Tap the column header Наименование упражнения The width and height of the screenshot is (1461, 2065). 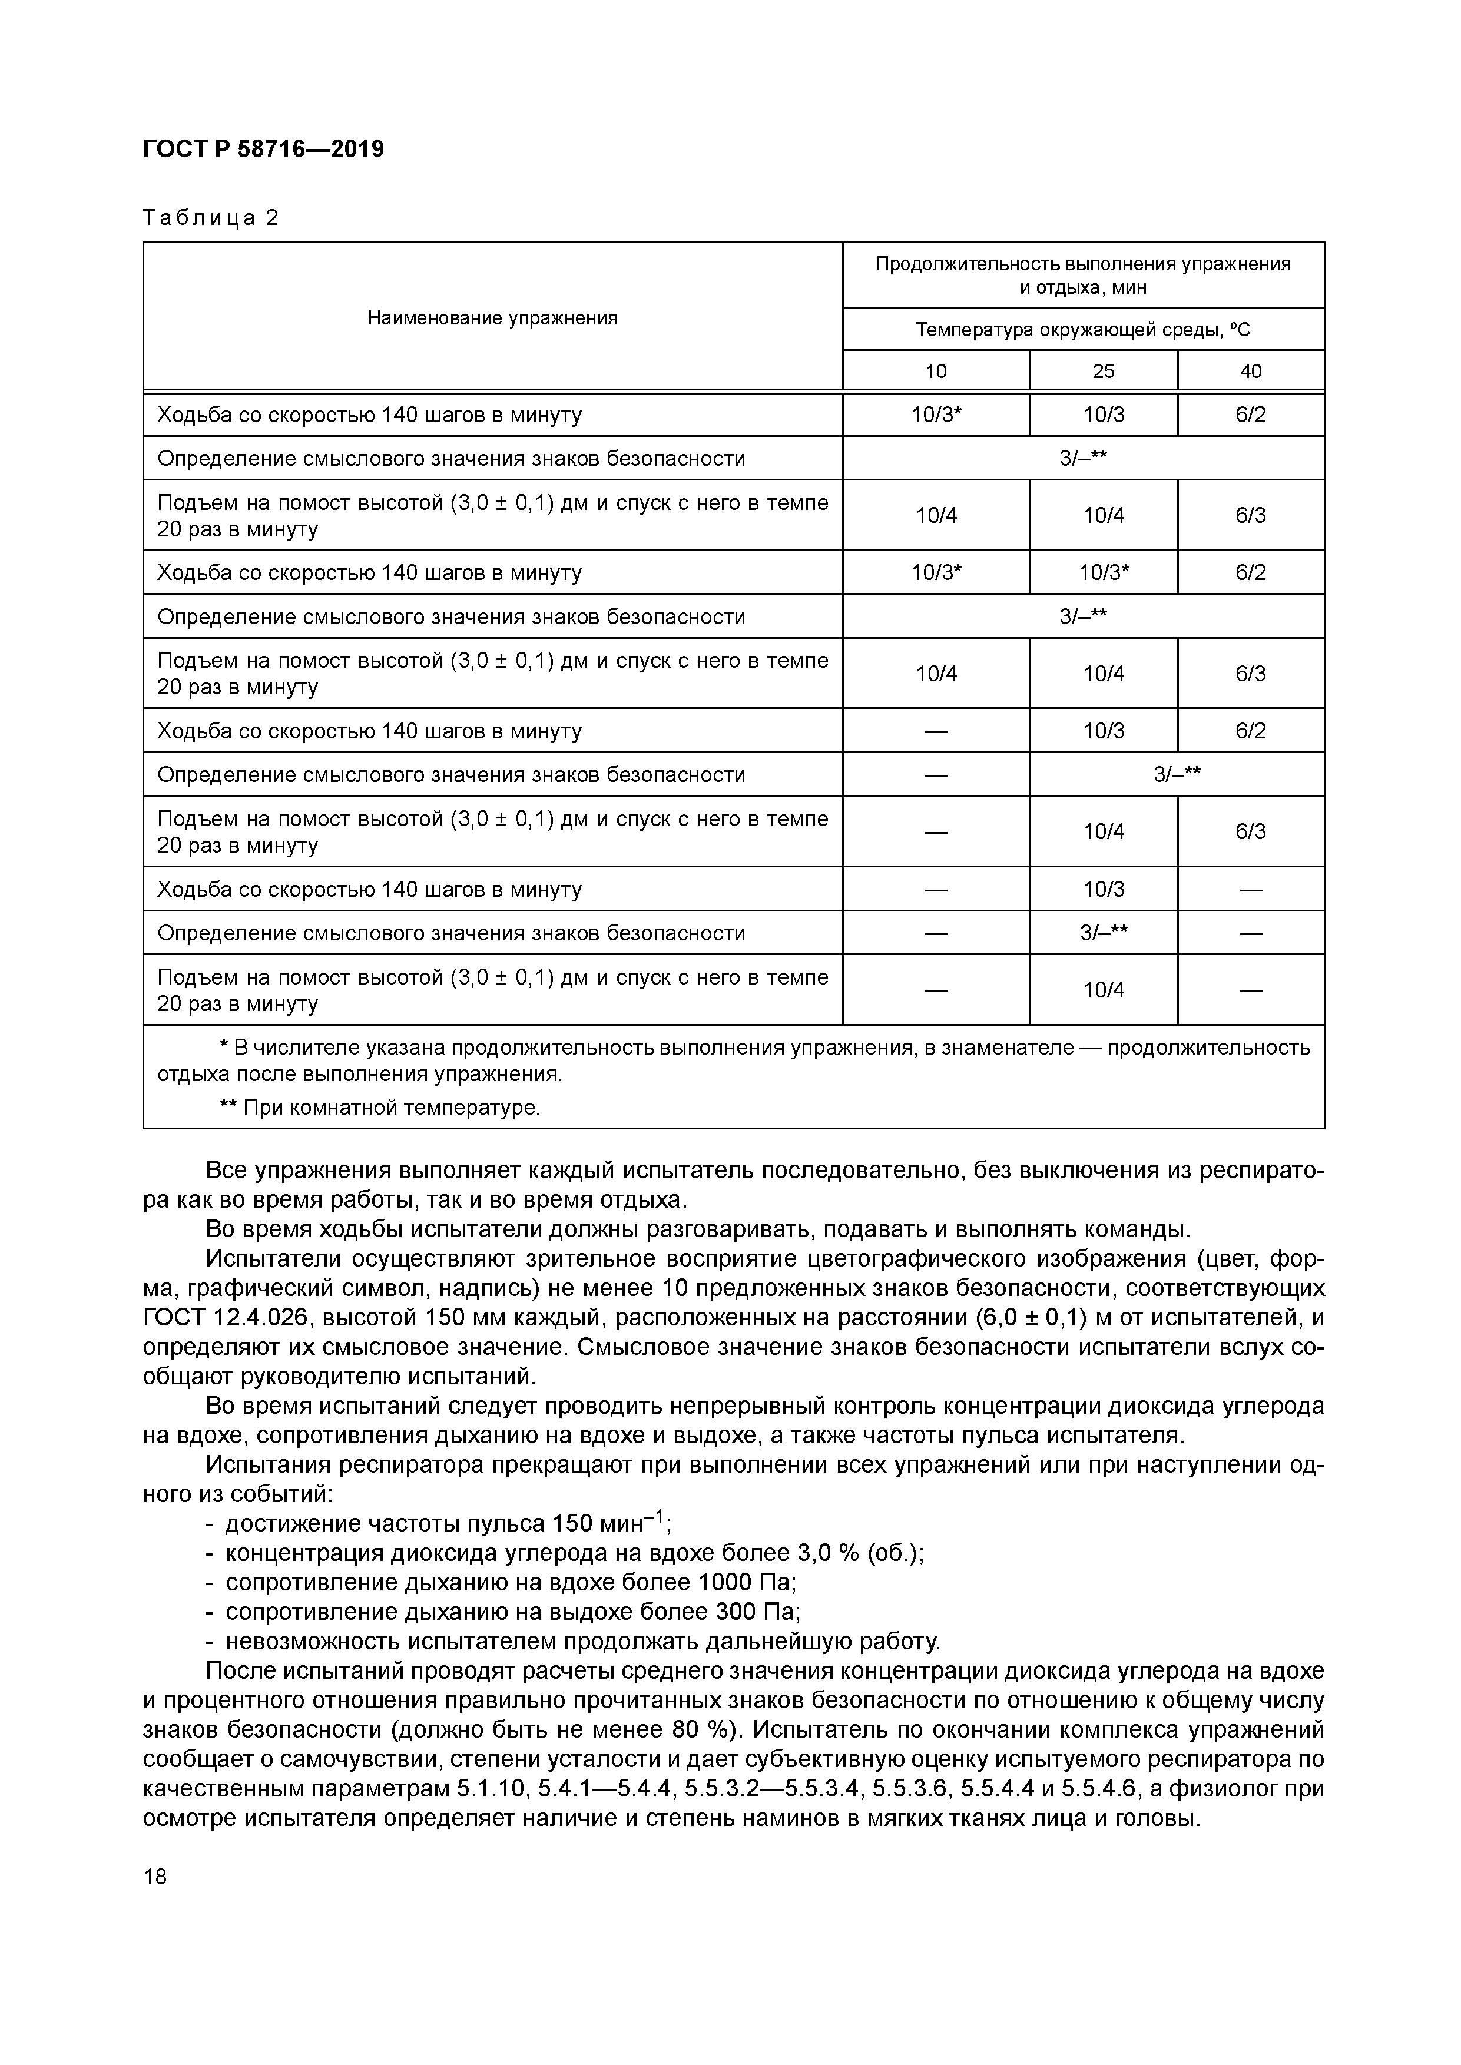coord(492,317)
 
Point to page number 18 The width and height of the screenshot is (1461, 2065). coord(155,1877)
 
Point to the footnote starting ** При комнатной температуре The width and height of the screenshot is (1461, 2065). coord(380,1107)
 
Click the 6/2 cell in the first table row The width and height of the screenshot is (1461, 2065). coord(1251,415)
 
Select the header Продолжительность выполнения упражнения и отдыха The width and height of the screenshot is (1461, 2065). coord(1082,275)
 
